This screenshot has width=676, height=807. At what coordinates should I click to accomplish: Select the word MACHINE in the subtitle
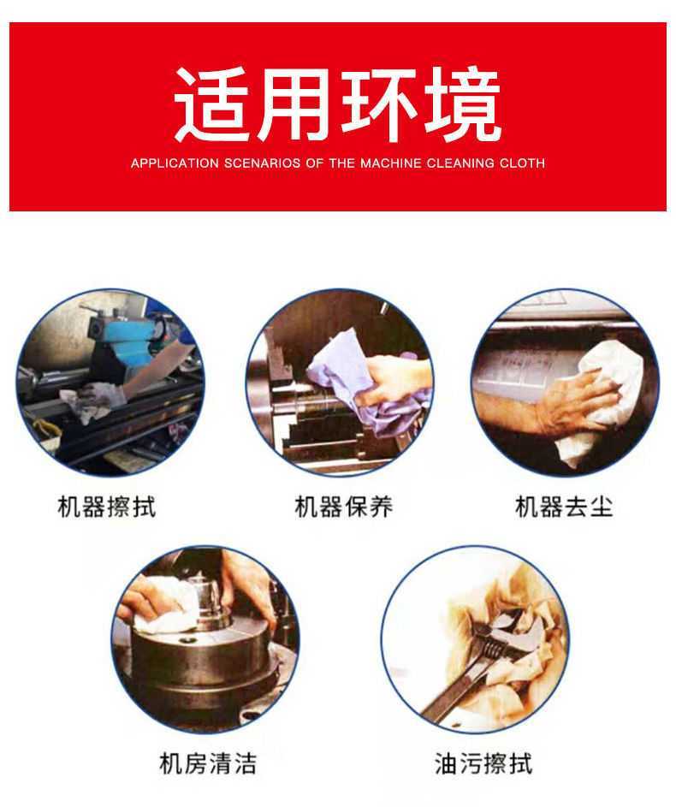tap(390, 163)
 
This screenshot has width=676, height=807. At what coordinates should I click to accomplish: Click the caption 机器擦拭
tap(106, 507)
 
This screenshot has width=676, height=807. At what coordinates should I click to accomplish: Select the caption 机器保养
tap(344, 507)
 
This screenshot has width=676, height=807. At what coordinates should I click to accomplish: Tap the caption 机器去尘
tap(564, 507)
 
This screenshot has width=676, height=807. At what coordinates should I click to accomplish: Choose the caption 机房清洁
tap(208, 763)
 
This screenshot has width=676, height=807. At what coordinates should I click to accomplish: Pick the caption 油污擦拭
tap(483, 763)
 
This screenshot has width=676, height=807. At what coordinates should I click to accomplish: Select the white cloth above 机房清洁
tap(164, 608)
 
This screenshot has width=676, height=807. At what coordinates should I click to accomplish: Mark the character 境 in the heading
tap(462, 104)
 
